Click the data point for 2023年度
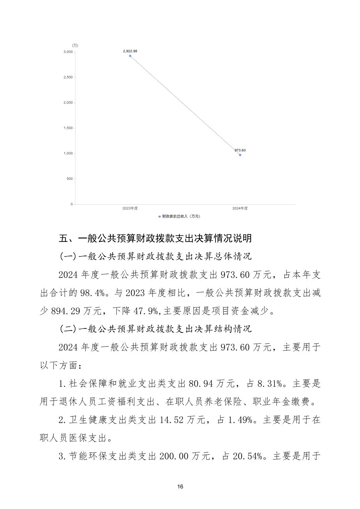coord(130,56)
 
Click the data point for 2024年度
coord(240,155)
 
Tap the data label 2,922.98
coord(130,51)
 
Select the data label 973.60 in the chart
coord(240,150)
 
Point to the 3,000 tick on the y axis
coord(68,52)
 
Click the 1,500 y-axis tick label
coord(68,128)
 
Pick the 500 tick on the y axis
coord(69,179)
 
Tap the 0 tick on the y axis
coord(71,204)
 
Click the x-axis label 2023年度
coord(130,208)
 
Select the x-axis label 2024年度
coord(240,208)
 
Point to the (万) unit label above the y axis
coord(75,46)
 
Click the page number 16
coord(180,487)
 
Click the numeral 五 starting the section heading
coord(63,238)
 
